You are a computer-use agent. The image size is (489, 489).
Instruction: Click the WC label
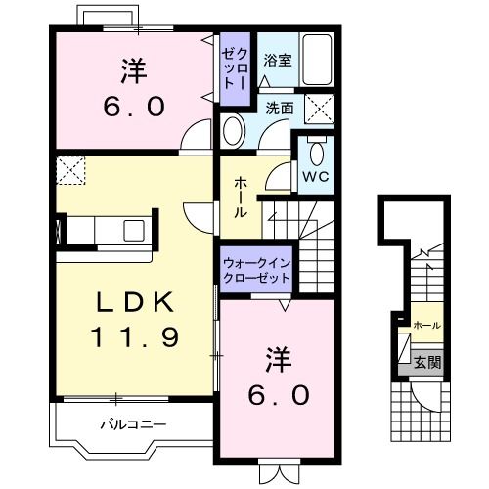313,177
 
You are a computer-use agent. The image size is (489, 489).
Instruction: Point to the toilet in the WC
315,152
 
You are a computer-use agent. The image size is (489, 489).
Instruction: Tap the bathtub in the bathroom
315,61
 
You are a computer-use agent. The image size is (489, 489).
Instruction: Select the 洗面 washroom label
279,108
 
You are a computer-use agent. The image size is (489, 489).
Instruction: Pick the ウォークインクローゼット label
256,271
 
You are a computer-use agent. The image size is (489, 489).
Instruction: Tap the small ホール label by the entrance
426,325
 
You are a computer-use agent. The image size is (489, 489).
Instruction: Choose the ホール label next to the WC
241,199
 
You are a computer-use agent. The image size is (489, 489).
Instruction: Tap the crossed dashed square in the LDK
70,172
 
